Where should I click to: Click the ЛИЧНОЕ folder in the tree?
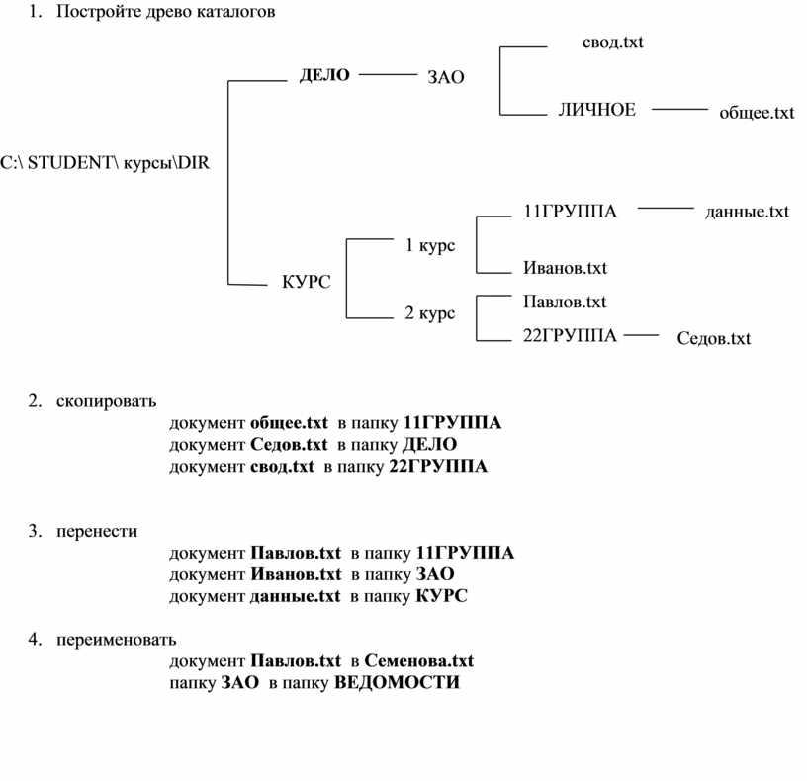[597, 110]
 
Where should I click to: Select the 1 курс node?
[430, 245]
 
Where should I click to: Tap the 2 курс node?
[430, 312]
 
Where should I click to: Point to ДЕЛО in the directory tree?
[324, 75]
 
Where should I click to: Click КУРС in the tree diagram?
[307, 282]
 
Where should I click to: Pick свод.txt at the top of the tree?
[612, 42]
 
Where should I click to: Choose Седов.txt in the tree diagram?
[713, 338]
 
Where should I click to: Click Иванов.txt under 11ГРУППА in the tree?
[565, 268]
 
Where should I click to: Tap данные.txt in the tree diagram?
[747, 212]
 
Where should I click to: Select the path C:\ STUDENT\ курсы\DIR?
[105, 162]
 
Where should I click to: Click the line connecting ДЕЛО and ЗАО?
[388, 75]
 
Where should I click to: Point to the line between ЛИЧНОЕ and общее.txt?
[679, 109]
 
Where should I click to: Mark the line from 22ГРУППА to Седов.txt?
[641, 335]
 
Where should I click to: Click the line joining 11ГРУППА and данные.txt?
[666, 208]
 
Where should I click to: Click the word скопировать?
[106, 401]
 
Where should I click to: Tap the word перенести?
[97, 531]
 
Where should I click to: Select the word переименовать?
[117, 640]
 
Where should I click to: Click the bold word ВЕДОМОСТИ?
[397, 682]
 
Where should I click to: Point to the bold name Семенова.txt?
[419, 660]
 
